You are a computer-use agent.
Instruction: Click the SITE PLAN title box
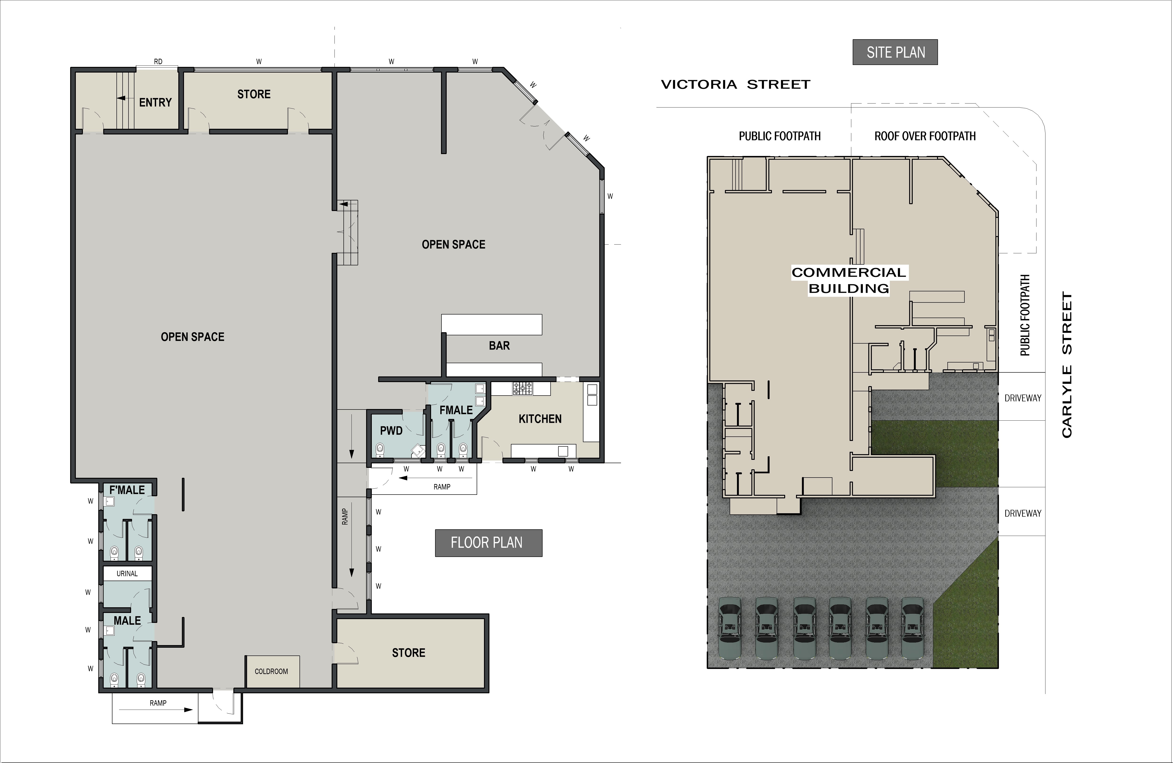click(895, 52)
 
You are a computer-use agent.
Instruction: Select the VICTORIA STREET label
click(735, 85)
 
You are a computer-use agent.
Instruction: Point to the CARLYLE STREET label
click(1066, 365)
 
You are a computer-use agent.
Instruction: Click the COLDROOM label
click(271, 671)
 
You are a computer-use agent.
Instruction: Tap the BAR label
click(499, 345)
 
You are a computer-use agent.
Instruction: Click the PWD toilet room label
click(391, 431)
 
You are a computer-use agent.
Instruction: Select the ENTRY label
click(155, 103)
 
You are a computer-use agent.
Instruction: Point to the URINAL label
click(127, 574)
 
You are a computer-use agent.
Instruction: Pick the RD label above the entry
click(158, 62)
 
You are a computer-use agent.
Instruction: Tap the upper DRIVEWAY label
click(1023, 398)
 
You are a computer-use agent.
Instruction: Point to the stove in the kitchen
click(522, 388)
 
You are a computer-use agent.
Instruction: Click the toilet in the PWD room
click(380, 449)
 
